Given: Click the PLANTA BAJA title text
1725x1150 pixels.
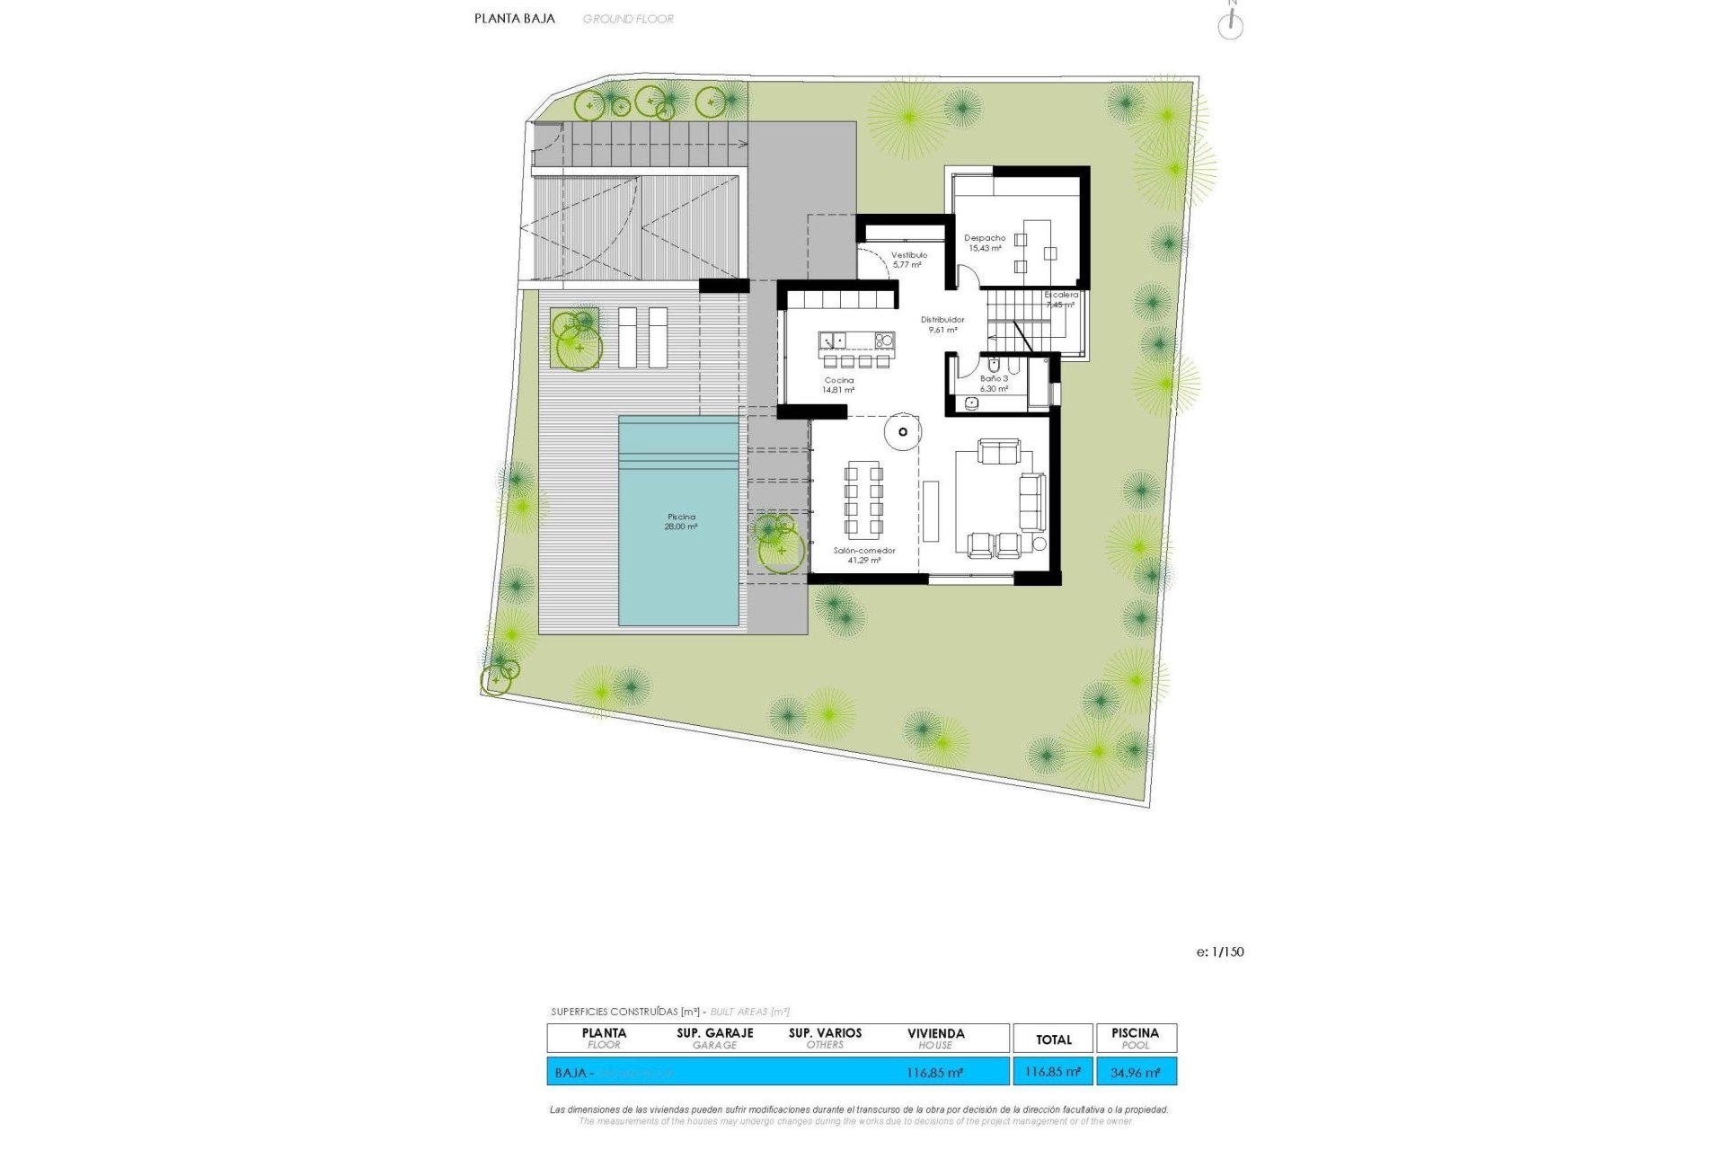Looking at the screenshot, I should (515, 18).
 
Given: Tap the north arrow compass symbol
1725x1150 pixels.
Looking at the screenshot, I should (1230, 24).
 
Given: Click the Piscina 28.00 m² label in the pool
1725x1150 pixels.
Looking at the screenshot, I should (681, 522).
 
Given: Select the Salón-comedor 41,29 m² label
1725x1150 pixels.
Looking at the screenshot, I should (864, 555).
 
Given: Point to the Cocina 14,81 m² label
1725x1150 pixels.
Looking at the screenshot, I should (839, 385).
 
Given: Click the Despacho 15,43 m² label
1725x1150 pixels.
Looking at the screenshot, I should (985, 243).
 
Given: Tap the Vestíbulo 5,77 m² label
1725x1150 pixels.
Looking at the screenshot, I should (908, 260).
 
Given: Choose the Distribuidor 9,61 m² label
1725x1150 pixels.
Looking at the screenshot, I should (942, 324).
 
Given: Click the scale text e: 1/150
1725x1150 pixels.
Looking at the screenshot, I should (1220, 952).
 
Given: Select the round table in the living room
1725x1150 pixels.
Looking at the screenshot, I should (902, 432).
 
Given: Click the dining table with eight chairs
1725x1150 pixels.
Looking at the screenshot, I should (863, 500).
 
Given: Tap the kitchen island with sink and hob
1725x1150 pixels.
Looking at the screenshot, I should (856, 341).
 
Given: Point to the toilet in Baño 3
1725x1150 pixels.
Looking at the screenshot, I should (994, 365).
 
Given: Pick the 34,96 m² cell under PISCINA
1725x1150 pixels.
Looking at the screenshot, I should (1136, 1073).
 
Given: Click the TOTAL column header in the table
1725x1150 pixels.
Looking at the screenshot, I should (1053, 1039).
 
